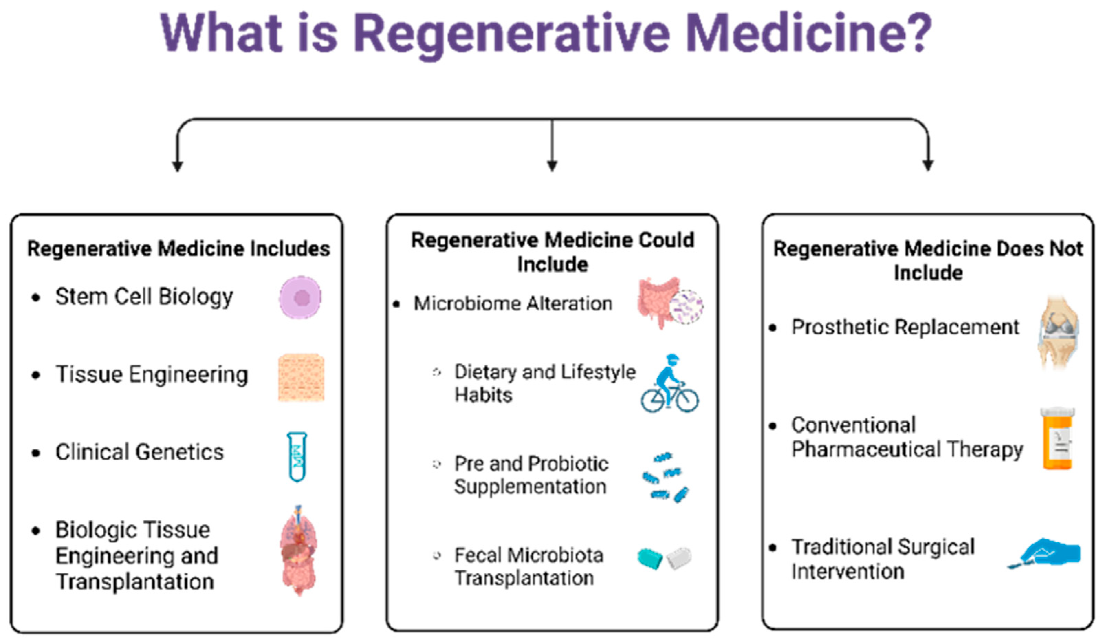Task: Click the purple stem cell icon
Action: [x=300, y=297]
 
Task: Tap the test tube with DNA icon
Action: [x=297, y=457]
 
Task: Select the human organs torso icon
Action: [x=299, y=550]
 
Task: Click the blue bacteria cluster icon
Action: [x=665, y=478]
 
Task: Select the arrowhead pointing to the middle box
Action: [x=552, y=166]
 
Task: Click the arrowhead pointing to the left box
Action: [x=177, y=166]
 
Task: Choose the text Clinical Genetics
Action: [x=139, y=452]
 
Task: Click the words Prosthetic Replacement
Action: [x=905, y=327]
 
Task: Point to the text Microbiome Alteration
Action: [x=513, y=303]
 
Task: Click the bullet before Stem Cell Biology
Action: [x=36, y=298]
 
